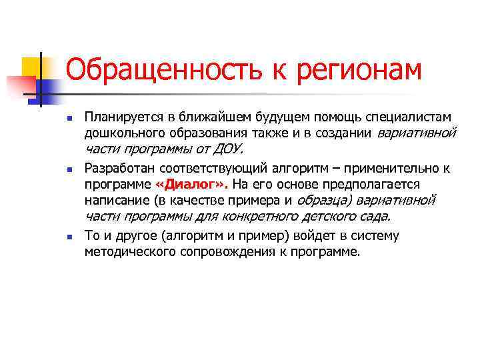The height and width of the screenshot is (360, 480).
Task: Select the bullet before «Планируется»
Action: [x=69, y=117]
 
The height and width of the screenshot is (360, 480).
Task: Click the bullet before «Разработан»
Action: [x=69, y=169]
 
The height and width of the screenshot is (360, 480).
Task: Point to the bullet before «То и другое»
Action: [x=69, y=237]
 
